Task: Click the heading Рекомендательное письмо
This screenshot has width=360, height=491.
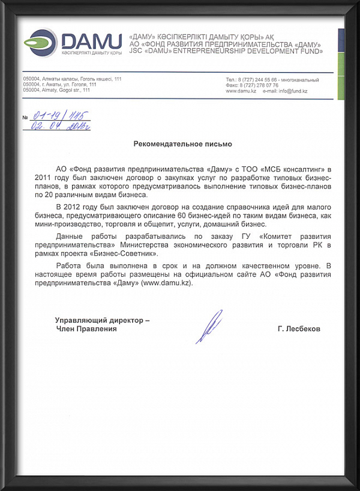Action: click(x=182, y=144)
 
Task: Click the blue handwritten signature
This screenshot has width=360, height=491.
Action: click(x=209, y=326)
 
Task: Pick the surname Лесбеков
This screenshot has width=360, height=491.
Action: click(x=299, y=329)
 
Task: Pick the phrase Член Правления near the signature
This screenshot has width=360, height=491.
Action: click(x=86, y=329)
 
